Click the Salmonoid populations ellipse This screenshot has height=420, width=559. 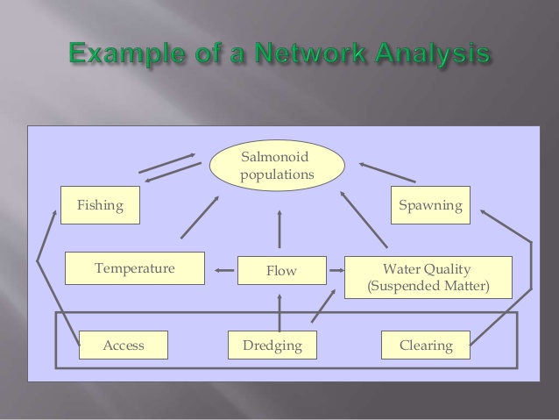pos(276,166)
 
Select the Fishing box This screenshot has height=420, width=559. pos(100,206)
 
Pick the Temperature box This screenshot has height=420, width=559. pos(134,268)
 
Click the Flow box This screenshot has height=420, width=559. pos(281,271)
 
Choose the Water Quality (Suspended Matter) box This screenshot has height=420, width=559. pos(428,277)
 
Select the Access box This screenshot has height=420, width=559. pos(123,345)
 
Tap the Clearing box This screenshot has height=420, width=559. pos(426,345)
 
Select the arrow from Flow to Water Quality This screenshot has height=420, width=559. pos(335,271)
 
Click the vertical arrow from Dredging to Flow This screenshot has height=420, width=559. pos(279,310)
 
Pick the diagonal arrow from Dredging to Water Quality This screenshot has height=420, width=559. pos(322,305)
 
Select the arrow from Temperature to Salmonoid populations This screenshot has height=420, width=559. pos(199,217)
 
